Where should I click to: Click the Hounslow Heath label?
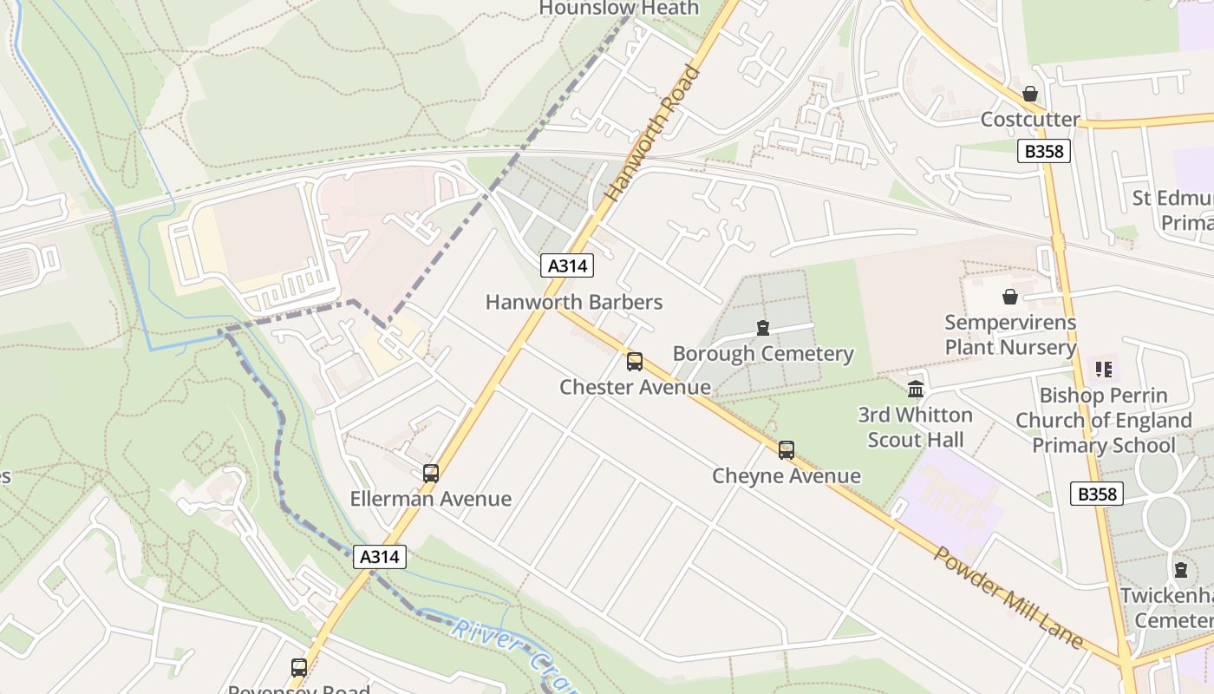618,8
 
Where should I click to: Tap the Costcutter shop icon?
1030,94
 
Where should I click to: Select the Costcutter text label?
1030,119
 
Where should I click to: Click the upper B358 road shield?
1044,151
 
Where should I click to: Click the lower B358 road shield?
1097,494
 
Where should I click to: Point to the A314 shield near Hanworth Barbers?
568,265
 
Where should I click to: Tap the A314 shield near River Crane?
380,557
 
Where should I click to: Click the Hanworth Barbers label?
574,302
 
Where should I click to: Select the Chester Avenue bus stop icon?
635,362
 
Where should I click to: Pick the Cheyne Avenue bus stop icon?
786,450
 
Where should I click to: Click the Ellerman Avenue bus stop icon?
431,474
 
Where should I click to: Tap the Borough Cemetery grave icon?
763,328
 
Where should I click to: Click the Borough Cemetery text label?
763,354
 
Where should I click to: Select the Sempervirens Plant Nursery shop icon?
1010,298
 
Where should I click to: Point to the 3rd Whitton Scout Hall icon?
916,389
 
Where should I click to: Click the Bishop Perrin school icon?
1103,370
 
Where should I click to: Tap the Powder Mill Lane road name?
1008,598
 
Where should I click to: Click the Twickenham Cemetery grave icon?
1181,570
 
